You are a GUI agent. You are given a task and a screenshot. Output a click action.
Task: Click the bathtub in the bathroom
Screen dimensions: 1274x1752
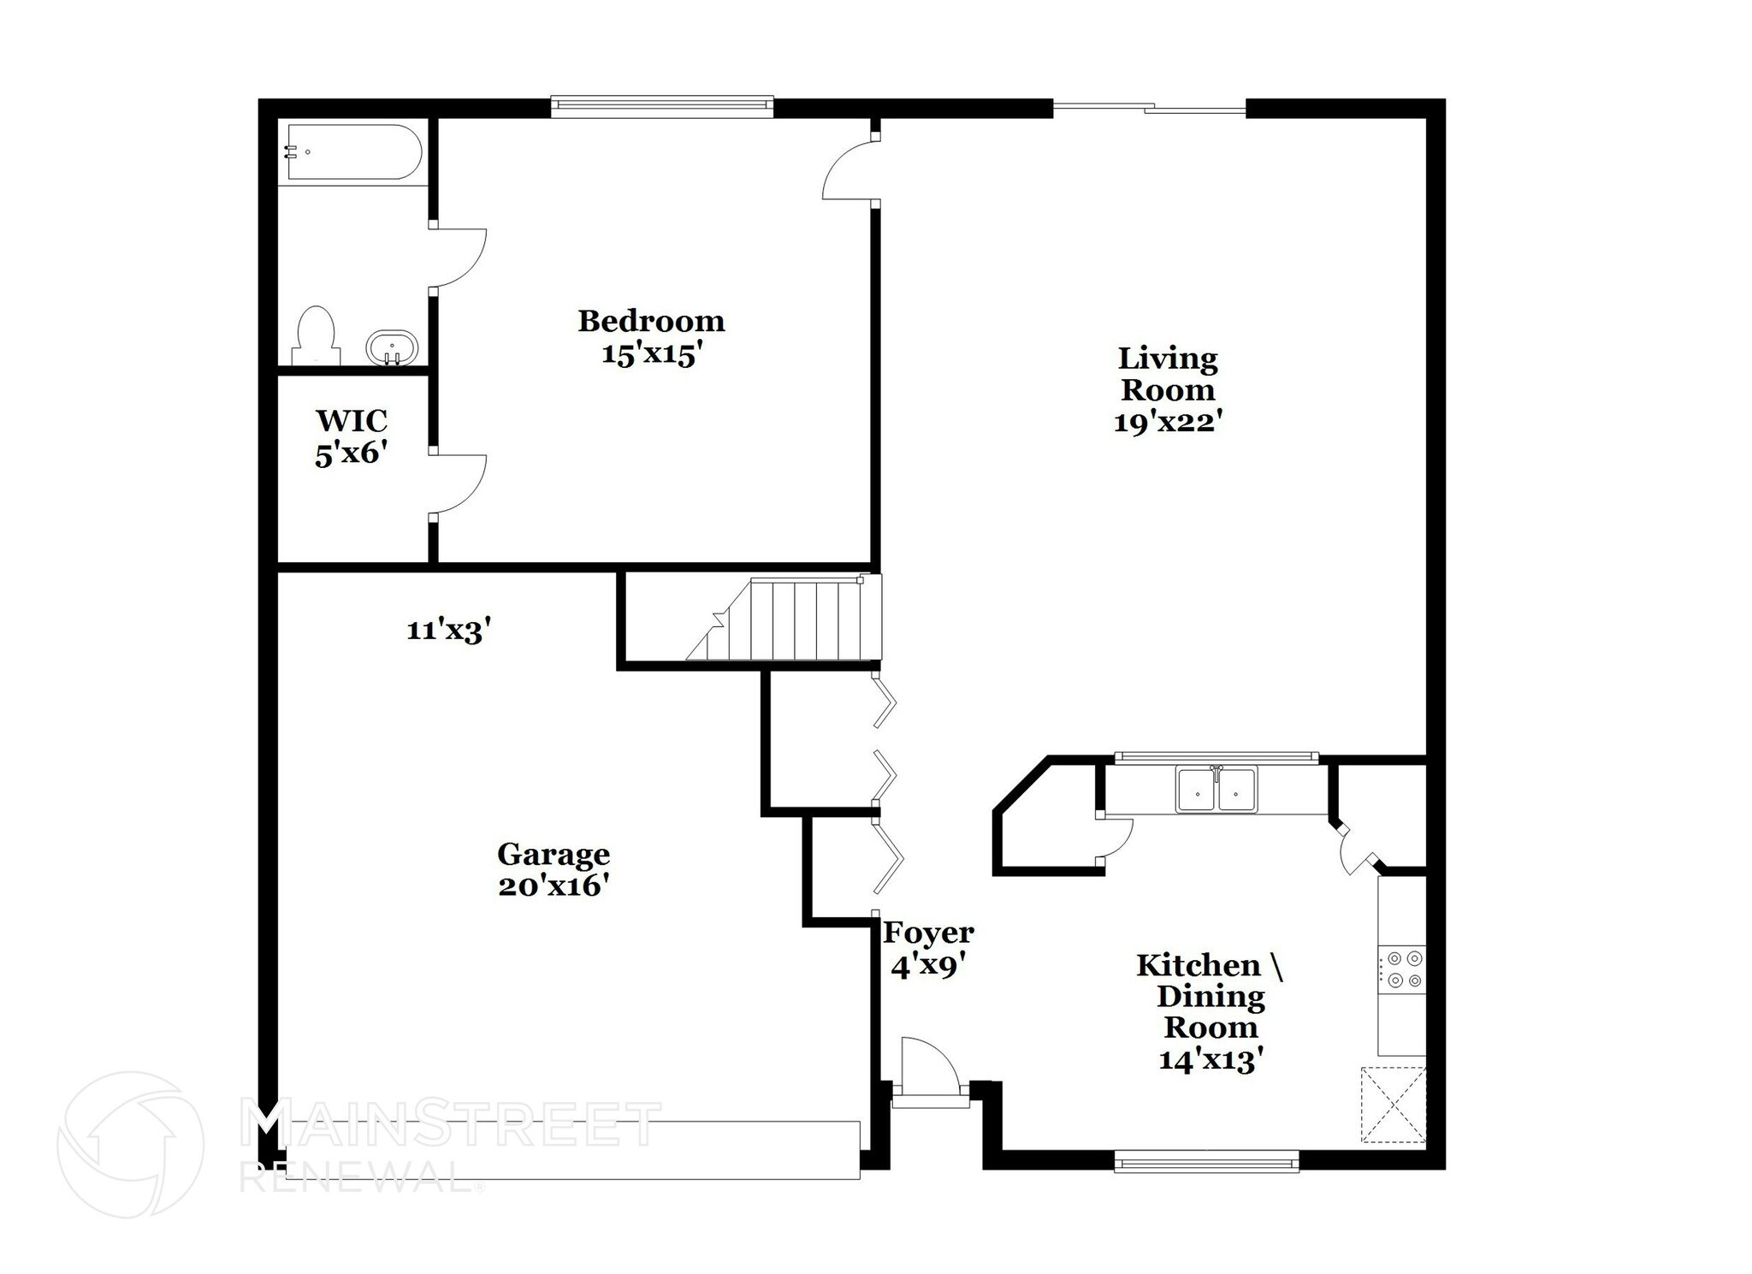[x=353, y=152]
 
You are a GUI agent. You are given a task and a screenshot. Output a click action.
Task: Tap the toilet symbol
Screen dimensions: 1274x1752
[x=316, y=336]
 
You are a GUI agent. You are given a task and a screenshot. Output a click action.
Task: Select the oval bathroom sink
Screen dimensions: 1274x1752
[x=392, y=348]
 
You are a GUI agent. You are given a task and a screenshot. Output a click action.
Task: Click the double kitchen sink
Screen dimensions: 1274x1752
[x=1216, y=788]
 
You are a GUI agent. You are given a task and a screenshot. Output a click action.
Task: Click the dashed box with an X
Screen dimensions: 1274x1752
[x=1393, y=1105]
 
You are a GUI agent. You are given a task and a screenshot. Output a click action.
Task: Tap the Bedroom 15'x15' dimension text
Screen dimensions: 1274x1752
[x=652, y=354]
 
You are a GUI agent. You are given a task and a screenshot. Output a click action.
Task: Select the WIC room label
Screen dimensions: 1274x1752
[x=351, y=421]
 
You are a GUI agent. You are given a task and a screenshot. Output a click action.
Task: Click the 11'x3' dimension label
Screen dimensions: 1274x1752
[x=448, y=631]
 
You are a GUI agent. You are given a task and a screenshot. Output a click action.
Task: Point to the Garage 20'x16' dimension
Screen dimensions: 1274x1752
[x=553, y=886]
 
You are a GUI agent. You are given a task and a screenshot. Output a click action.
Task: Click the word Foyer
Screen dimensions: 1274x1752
[x=928, y=932]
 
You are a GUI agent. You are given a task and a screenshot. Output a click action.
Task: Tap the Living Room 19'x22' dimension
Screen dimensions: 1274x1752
[x=1166, y=423]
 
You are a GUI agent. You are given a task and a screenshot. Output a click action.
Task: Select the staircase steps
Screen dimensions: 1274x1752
[x=796, y=620]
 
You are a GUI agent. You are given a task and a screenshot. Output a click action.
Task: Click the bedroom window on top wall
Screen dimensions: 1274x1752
[x=661, y=106]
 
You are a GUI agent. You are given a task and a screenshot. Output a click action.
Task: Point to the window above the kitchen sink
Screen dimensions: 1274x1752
[x=1216, y=756]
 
